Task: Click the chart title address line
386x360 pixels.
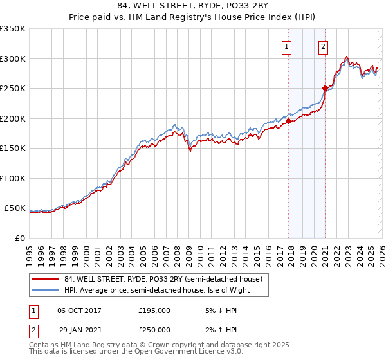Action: tap(193, 6)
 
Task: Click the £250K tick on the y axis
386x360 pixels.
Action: tap(13, 89)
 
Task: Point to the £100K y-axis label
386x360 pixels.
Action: tap(13, 178)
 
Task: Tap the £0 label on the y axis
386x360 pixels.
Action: tap(19, 238)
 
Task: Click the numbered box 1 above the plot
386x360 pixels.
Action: tap(286, 46)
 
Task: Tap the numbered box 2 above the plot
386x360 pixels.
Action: tap(322, 46)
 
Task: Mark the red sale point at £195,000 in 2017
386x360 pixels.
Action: tap(288, 121)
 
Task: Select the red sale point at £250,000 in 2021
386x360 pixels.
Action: tap(326, 88)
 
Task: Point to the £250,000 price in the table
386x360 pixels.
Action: tap(154, 330)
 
